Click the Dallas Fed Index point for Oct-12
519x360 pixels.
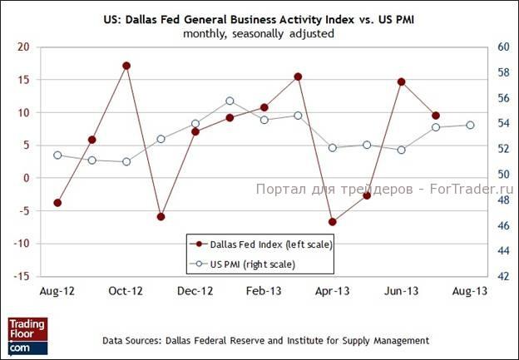pos(126,66)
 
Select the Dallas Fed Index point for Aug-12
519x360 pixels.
pos(57,203)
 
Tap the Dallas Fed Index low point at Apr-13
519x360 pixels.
pos(333,222)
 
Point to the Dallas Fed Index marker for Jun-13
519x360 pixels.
pos(401,81)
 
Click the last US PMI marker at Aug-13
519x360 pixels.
pos(470,125)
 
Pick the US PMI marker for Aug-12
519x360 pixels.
pos(57,155)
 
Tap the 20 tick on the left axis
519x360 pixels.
pos(23,47)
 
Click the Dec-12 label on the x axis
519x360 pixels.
pos(195,291)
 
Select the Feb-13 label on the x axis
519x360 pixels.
pos(264,291)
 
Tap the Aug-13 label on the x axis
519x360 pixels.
pos(470,291)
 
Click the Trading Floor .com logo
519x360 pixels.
pos(27,333)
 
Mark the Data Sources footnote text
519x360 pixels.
pos(265,340)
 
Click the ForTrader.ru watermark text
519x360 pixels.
pos(382,190)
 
